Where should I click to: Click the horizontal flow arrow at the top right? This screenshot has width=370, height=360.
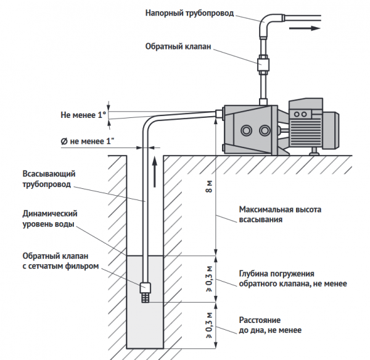coord(306,28)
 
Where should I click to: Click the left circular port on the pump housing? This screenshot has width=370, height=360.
coord(247,131)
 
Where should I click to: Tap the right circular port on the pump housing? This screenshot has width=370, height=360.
coord(266,131)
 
